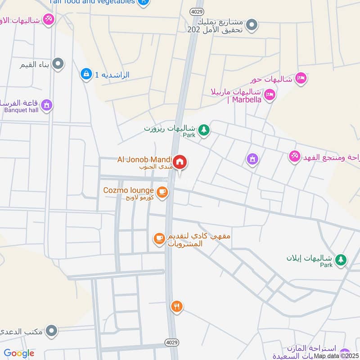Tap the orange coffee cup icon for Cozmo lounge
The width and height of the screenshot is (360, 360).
pos(162,193)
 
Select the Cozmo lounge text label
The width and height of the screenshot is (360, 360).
pos(129,190)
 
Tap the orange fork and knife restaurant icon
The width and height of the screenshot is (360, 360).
pos(176,307)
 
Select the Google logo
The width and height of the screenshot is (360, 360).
pos(19,353)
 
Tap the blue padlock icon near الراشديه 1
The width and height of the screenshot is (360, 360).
pos(85,74)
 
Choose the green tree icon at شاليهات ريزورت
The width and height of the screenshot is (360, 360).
pos(204,130)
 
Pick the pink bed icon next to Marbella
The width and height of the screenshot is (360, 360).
pos(270,94)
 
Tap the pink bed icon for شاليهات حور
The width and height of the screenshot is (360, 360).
pos(301,79)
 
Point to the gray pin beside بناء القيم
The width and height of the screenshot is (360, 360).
pos(58,64)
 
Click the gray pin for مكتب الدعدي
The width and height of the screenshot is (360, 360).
pos(52,332)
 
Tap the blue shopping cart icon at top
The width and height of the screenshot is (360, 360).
pos(143,2)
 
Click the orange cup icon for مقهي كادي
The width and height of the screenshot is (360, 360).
pos(159,239)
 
